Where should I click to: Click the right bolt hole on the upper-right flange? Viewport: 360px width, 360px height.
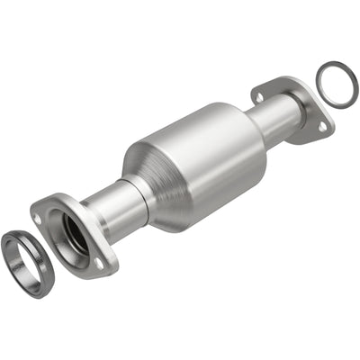tap(321, 127)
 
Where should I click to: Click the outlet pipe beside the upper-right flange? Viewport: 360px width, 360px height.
tap(270, 117)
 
